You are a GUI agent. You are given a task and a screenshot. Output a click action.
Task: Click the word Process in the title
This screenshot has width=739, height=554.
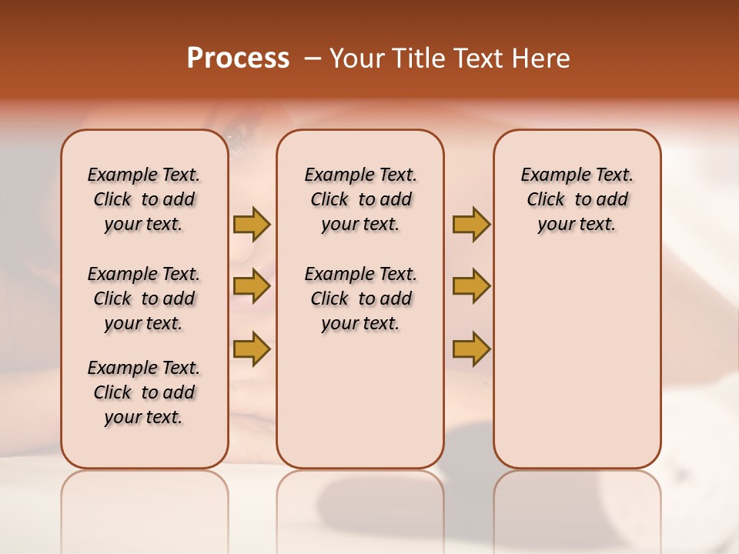[238, 58]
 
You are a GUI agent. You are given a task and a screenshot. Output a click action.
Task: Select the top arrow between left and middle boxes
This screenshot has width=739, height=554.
[252, 224]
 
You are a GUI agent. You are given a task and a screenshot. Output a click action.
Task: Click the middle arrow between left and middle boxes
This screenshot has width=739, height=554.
[252, 286]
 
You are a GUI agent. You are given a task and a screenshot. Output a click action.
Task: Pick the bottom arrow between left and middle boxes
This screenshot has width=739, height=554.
[252, 349]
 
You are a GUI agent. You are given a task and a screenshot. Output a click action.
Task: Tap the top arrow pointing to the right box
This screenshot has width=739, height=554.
[471, 224]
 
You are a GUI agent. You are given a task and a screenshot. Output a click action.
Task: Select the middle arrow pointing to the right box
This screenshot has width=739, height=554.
[471, 286]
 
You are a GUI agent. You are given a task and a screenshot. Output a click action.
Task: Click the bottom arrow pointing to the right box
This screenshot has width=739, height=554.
[471, 349]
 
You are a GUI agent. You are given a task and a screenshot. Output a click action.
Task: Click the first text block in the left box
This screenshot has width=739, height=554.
[144, 199]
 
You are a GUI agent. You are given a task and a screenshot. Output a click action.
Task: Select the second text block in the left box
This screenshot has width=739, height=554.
[144, 299]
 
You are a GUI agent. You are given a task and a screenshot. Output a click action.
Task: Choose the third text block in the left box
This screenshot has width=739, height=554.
[144, 392]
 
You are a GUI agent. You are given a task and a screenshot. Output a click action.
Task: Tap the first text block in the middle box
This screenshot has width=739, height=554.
[360, 199]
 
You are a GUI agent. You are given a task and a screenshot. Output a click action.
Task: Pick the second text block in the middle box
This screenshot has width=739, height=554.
[360, 299]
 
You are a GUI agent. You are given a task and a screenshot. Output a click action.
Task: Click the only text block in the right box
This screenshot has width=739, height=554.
[577, 199]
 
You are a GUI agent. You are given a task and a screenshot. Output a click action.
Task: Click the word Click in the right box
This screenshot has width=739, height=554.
[546, 200]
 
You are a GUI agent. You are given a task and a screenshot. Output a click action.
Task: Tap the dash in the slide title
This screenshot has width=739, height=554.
[312, 58]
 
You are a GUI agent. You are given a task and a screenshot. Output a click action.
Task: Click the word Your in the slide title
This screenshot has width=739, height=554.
[356, 58]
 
